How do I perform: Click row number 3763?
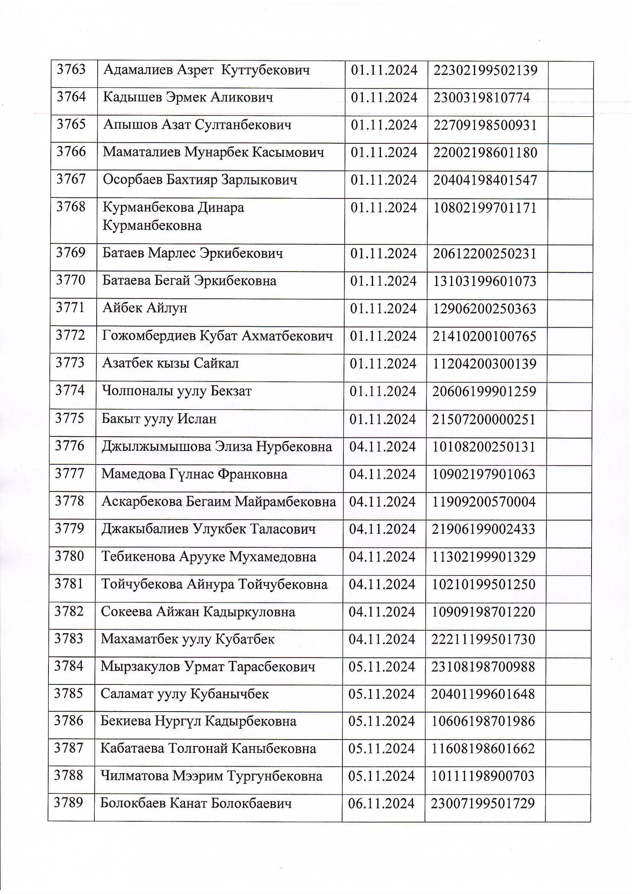(71, 70)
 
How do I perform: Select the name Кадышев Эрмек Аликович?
(188, 98)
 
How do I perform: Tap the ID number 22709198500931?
(485, 125)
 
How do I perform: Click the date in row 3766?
(384, 152)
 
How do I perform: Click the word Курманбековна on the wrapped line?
(152, 226)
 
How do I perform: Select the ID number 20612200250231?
(485, 254)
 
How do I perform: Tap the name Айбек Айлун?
(145, 308)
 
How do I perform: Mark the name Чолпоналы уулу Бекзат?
(177, 391)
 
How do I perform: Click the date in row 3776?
(382, 447)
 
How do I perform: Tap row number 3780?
(69, 556)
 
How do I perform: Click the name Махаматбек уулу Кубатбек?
(188, 639)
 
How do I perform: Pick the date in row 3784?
(382, 666)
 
